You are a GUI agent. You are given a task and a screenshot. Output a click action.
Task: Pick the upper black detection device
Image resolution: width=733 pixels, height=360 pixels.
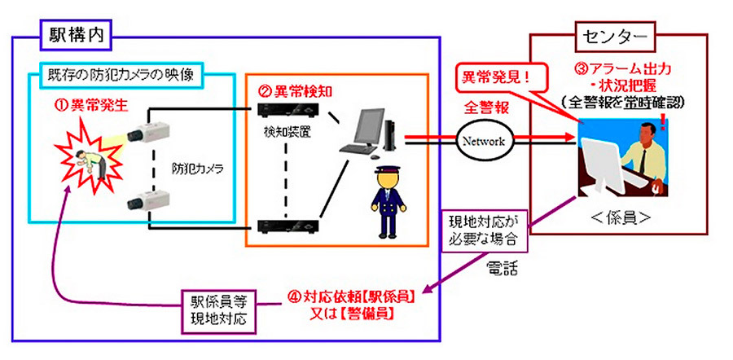(287, 109)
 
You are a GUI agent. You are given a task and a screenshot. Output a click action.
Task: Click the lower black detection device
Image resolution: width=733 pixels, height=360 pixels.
(287, 226)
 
